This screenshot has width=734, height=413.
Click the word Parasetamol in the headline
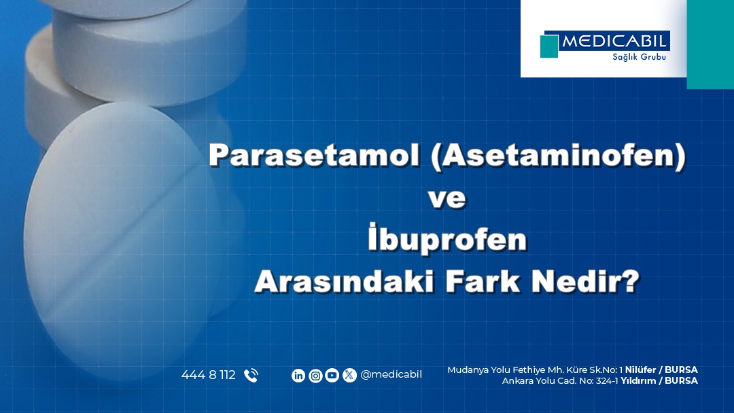pos(314,155)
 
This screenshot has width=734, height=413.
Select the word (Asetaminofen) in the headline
pos(559,156)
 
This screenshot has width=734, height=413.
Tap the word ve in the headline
pos(447,198)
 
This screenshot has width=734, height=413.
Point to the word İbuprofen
pos(447,238)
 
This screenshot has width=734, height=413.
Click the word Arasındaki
pos(344,282)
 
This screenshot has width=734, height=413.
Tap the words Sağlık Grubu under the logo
pos(639,57)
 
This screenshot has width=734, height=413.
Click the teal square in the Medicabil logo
pos(549,46)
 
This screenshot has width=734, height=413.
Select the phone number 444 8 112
pos(209,375)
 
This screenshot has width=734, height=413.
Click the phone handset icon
pos(251,376)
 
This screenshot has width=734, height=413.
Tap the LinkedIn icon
pos(298,376)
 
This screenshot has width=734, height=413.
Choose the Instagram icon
pos(315,376)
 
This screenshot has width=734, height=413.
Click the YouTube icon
pos(332,376)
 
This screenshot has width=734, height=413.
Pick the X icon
pos(349,376)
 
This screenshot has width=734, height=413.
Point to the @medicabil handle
pos(391,375)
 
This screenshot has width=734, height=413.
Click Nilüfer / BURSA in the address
pos(661,370)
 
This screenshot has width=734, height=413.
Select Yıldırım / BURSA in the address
pos(659,380)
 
